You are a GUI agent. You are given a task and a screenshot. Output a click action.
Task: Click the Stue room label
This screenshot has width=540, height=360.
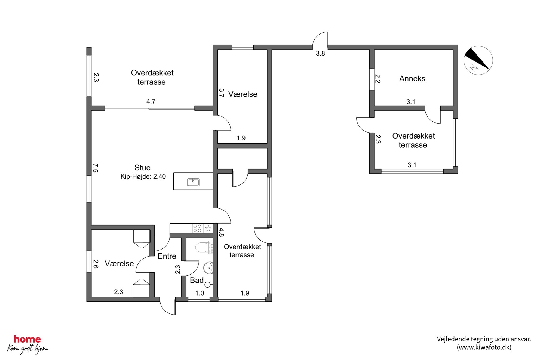[142, 168]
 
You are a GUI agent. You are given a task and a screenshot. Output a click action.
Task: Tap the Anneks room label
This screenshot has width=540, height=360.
[412, 79]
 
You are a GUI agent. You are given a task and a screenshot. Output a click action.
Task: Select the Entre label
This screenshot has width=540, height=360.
[167, 256]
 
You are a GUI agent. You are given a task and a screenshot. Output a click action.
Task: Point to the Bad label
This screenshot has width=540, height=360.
[197, 280]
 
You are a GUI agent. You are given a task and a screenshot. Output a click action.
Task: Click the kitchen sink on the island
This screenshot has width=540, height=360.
[193, 182]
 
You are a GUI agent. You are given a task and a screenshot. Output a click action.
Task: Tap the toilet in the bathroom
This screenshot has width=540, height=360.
[204, 247]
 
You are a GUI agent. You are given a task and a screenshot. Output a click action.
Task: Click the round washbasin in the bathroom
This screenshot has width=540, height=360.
[208, 268]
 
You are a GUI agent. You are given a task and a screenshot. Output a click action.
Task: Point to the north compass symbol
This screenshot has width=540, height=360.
[478, 60]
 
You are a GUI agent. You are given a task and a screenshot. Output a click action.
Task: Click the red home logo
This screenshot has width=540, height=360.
[27, 339]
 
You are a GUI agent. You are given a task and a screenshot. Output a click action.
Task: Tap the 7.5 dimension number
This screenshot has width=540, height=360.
[95, 168]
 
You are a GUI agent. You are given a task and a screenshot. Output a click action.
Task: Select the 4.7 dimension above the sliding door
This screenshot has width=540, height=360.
[151, 101]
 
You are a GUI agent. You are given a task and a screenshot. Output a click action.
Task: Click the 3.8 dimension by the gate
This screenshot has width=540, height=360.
[320, 54]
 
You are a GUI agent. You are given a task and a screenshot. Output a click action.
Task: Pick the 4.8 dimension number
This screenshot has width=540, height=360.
[222, 232]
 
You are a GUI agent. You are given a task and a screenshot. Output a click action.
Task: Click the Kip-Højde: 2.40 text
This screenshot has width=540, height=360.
[143, 176]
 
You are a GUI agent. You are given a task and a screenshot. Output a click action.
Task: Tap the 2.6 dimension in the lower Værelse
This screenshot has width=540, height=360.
[96, 264]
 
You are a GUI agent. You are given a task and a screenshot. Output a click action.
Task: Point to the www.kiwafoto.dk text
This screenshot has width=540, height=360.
[484, 347]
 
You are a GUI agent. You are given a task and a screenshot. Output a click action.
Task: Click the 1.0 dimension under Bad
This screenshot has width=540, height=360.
[200, 293]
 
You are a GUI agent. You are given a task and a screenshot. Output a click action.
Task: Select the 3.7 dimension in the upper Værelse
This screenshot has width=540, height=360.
[222, 93]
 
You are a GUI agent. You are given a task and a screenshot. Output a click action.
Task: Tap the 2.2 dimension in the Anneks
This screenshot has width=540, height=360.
[378, 79]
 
